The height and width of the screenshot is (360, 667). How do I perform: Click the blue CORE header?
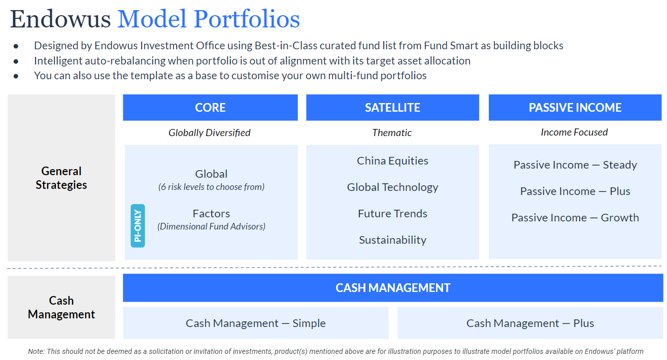(x=210, y=108)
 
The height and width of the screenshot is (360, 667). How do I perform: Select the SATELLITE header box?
(x=392, y=108)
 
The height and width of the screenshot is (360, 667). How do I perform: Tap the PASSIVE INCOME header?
(x=575, y=108)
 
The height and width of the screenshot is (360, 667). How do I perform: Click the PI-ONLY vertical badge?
(x=138, y=225)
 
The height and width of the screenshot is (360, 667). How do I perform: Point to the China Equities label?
(x=392, y=161)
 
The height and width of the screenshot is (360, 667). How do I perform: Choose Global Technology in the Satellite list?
(x=392, y=187)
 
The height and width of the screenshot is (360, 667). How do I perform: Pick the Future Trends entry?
(x=392, y=214)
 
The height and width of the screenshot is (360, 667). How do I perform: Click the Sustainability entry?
(x=392, y=240)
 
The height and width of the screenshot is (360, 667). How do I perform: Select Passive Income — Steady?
(x=575, y=165)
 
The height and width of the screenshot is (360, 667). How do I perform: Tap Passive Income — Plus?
(x=575, y=191)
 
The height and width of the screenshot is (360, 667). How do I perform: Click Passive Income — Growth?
(x=575, y=218)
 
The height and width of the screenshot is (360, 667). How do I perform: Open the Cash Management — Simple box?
(x=255, y=323)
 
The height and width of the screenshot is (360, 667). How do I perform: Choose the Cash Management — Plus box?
(x=530, y=323)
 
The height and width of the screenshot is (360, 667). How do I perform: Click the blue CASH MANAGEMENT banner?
(x=393, y=288)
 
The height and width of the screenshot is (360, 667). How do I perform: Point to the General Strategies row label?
(x=61, y=178)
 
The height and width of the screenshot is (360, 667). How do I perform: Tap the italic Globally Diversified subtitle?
(x=210, y=133)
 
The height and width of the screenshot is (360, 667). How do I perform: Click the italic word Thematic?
(x=392, y=133)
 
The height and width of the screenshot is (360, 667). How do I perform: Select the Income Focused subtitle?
(x=574, y=133)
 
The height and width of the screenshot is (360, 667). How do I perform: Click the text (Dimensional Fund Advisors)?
(x=211, y=226)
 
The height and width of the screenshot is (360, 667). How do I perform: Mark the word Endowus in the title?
(x=60, y=19)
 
